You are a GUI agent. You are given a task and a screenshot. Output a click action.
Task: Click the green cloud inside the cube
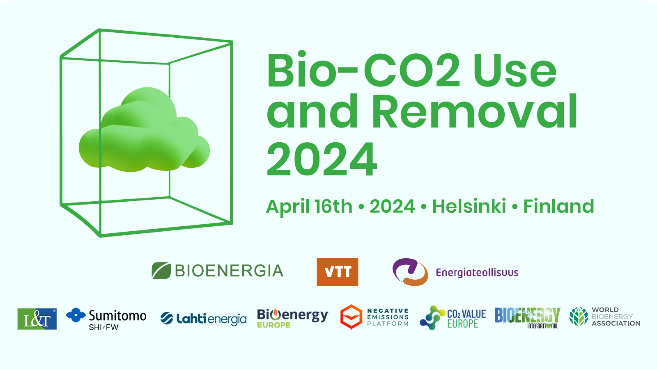click(144, 130)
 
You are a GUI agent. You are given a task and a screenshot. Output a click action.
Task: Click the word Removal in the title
click(475, 111)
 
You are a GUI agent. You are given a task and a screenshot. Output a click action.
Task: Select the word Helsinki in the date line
click(469, 206)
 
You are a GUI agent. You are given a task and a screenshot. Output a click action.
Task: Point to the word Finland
click(558, 206)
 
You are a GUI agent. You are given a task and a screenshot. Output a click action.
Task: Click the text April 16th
click(309, 207)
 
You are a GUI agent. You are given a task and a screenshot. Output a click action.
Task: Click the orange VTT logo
click(337, 272)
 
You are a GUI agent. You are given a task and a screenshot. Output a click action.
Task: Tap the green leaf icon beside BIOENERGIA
click(161, 270)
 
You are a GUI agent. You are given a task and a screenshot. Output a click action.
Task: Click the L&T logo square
click(37, 319)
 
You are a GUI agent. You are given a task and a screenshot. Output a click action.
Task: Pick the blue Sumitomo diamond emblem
click(76, 315)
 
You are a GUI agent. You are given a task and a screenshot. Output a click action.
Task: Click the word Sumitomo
click(117, 316)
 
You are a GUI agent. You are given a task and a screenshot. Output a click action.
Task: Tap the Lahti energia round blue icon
click(167, 319)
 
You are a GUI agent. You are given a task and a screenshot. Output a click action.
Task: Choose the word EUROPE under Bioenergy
click(274, 325)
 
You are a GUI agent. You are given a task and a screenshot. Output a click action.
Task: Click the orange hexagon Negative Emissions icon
click(351, 317)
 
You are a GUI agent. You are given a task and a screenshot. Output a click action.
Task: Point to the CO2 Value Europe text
click(466, 319)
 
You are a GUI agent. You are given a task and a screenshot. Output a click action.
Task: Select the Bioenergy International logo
click(528, 318)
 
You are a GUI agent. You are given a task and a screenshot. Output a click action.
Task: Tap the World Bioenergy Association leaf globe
click(579, 317)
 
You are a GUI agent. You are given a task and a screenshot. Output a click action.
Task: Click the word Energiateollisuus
click(477, 273)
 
